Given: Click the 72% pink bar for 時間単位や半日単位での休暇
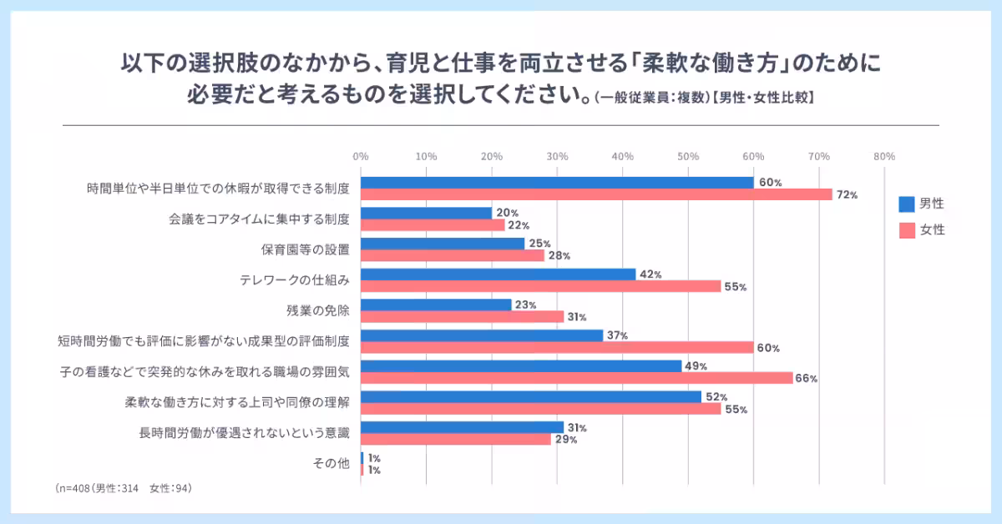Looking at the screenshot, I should point(596,194).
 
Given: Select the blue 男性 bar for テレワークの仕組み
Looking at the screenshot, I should point(498,274).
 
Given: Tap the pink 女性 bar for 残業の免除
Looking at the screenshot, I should point(462,316).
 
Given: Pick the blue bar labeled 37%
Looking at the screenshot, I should point(482,335).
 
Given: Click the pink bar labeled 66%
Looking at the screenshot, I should point(576,378).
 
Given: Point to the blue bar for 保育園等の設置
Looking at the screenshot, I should point(443,244).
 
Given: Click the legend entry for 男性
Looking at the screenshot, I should point(922,204).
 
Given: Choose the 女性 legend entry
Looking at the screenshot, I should point(922,230).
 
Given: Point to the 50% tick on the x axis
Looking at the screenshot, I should point(688,156).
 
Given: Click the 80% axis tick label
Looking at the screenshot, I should point(884,156).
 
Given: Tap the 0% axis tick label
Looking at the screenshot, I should point(361,156).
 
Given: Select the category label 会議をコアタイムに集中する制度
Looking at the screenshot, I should point(258,219).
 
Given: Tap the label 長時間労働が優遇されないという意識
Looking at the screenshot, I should point(244,433).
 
